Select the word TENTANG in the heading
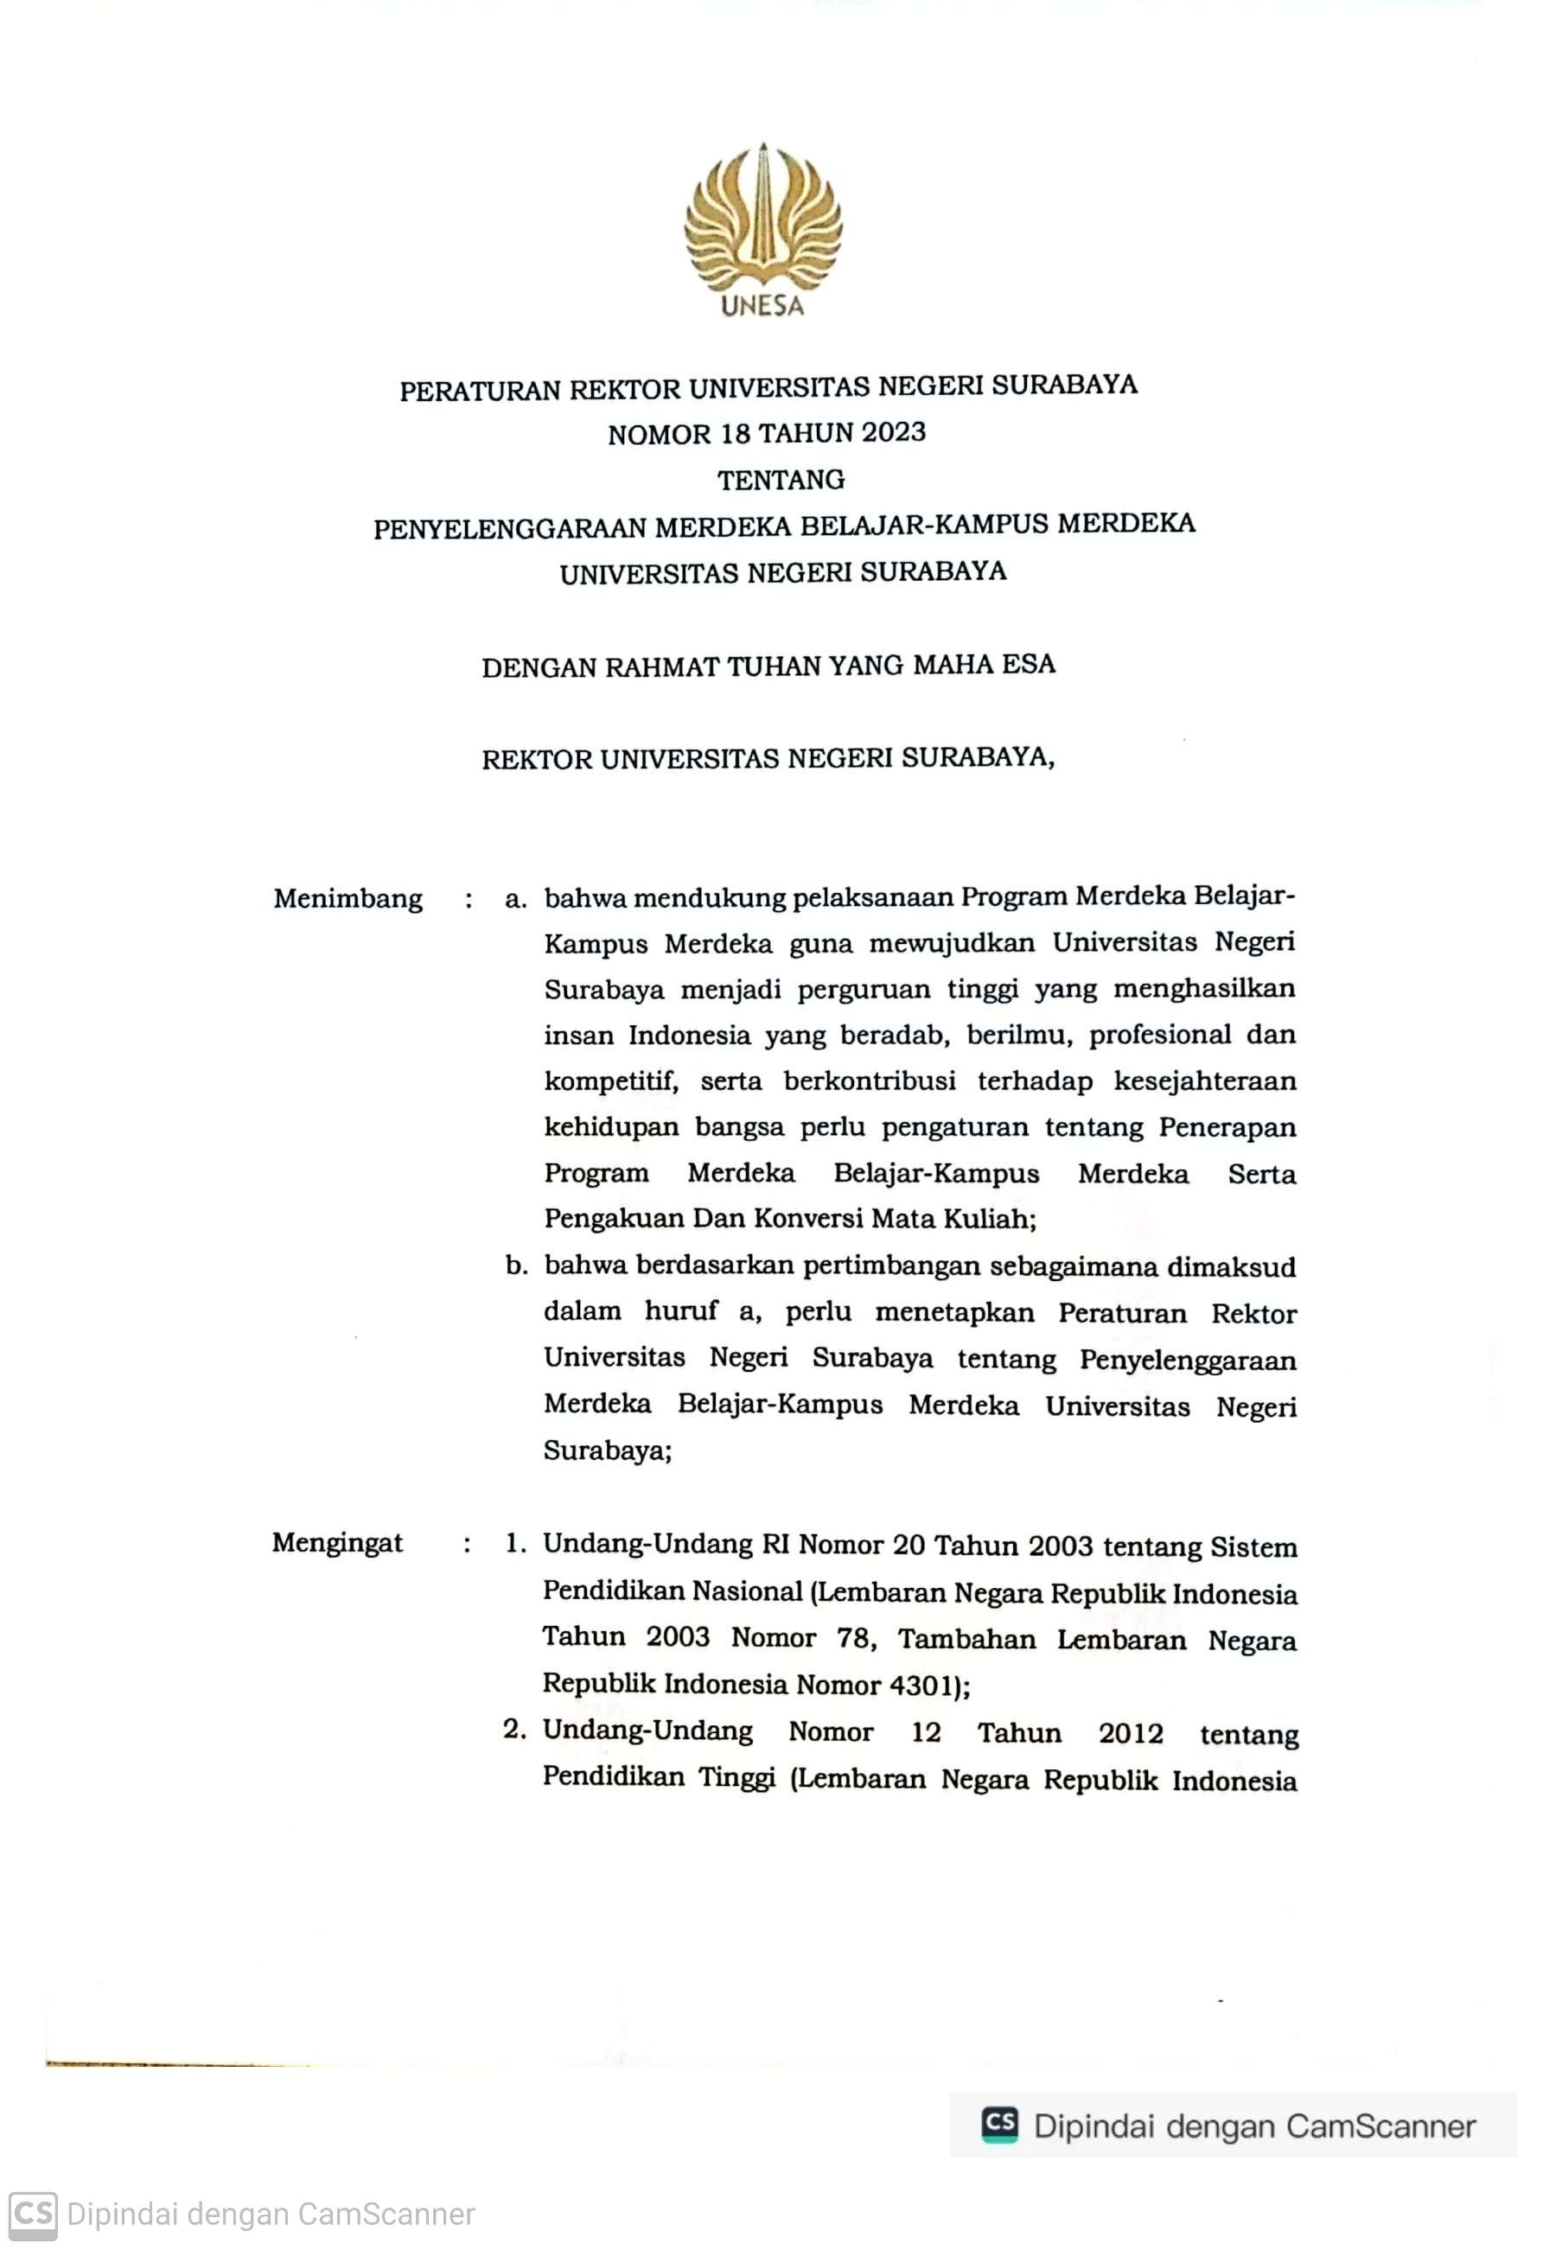(x=781, y=481)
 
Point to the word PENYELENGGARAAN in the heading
(x=510, y=529)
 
